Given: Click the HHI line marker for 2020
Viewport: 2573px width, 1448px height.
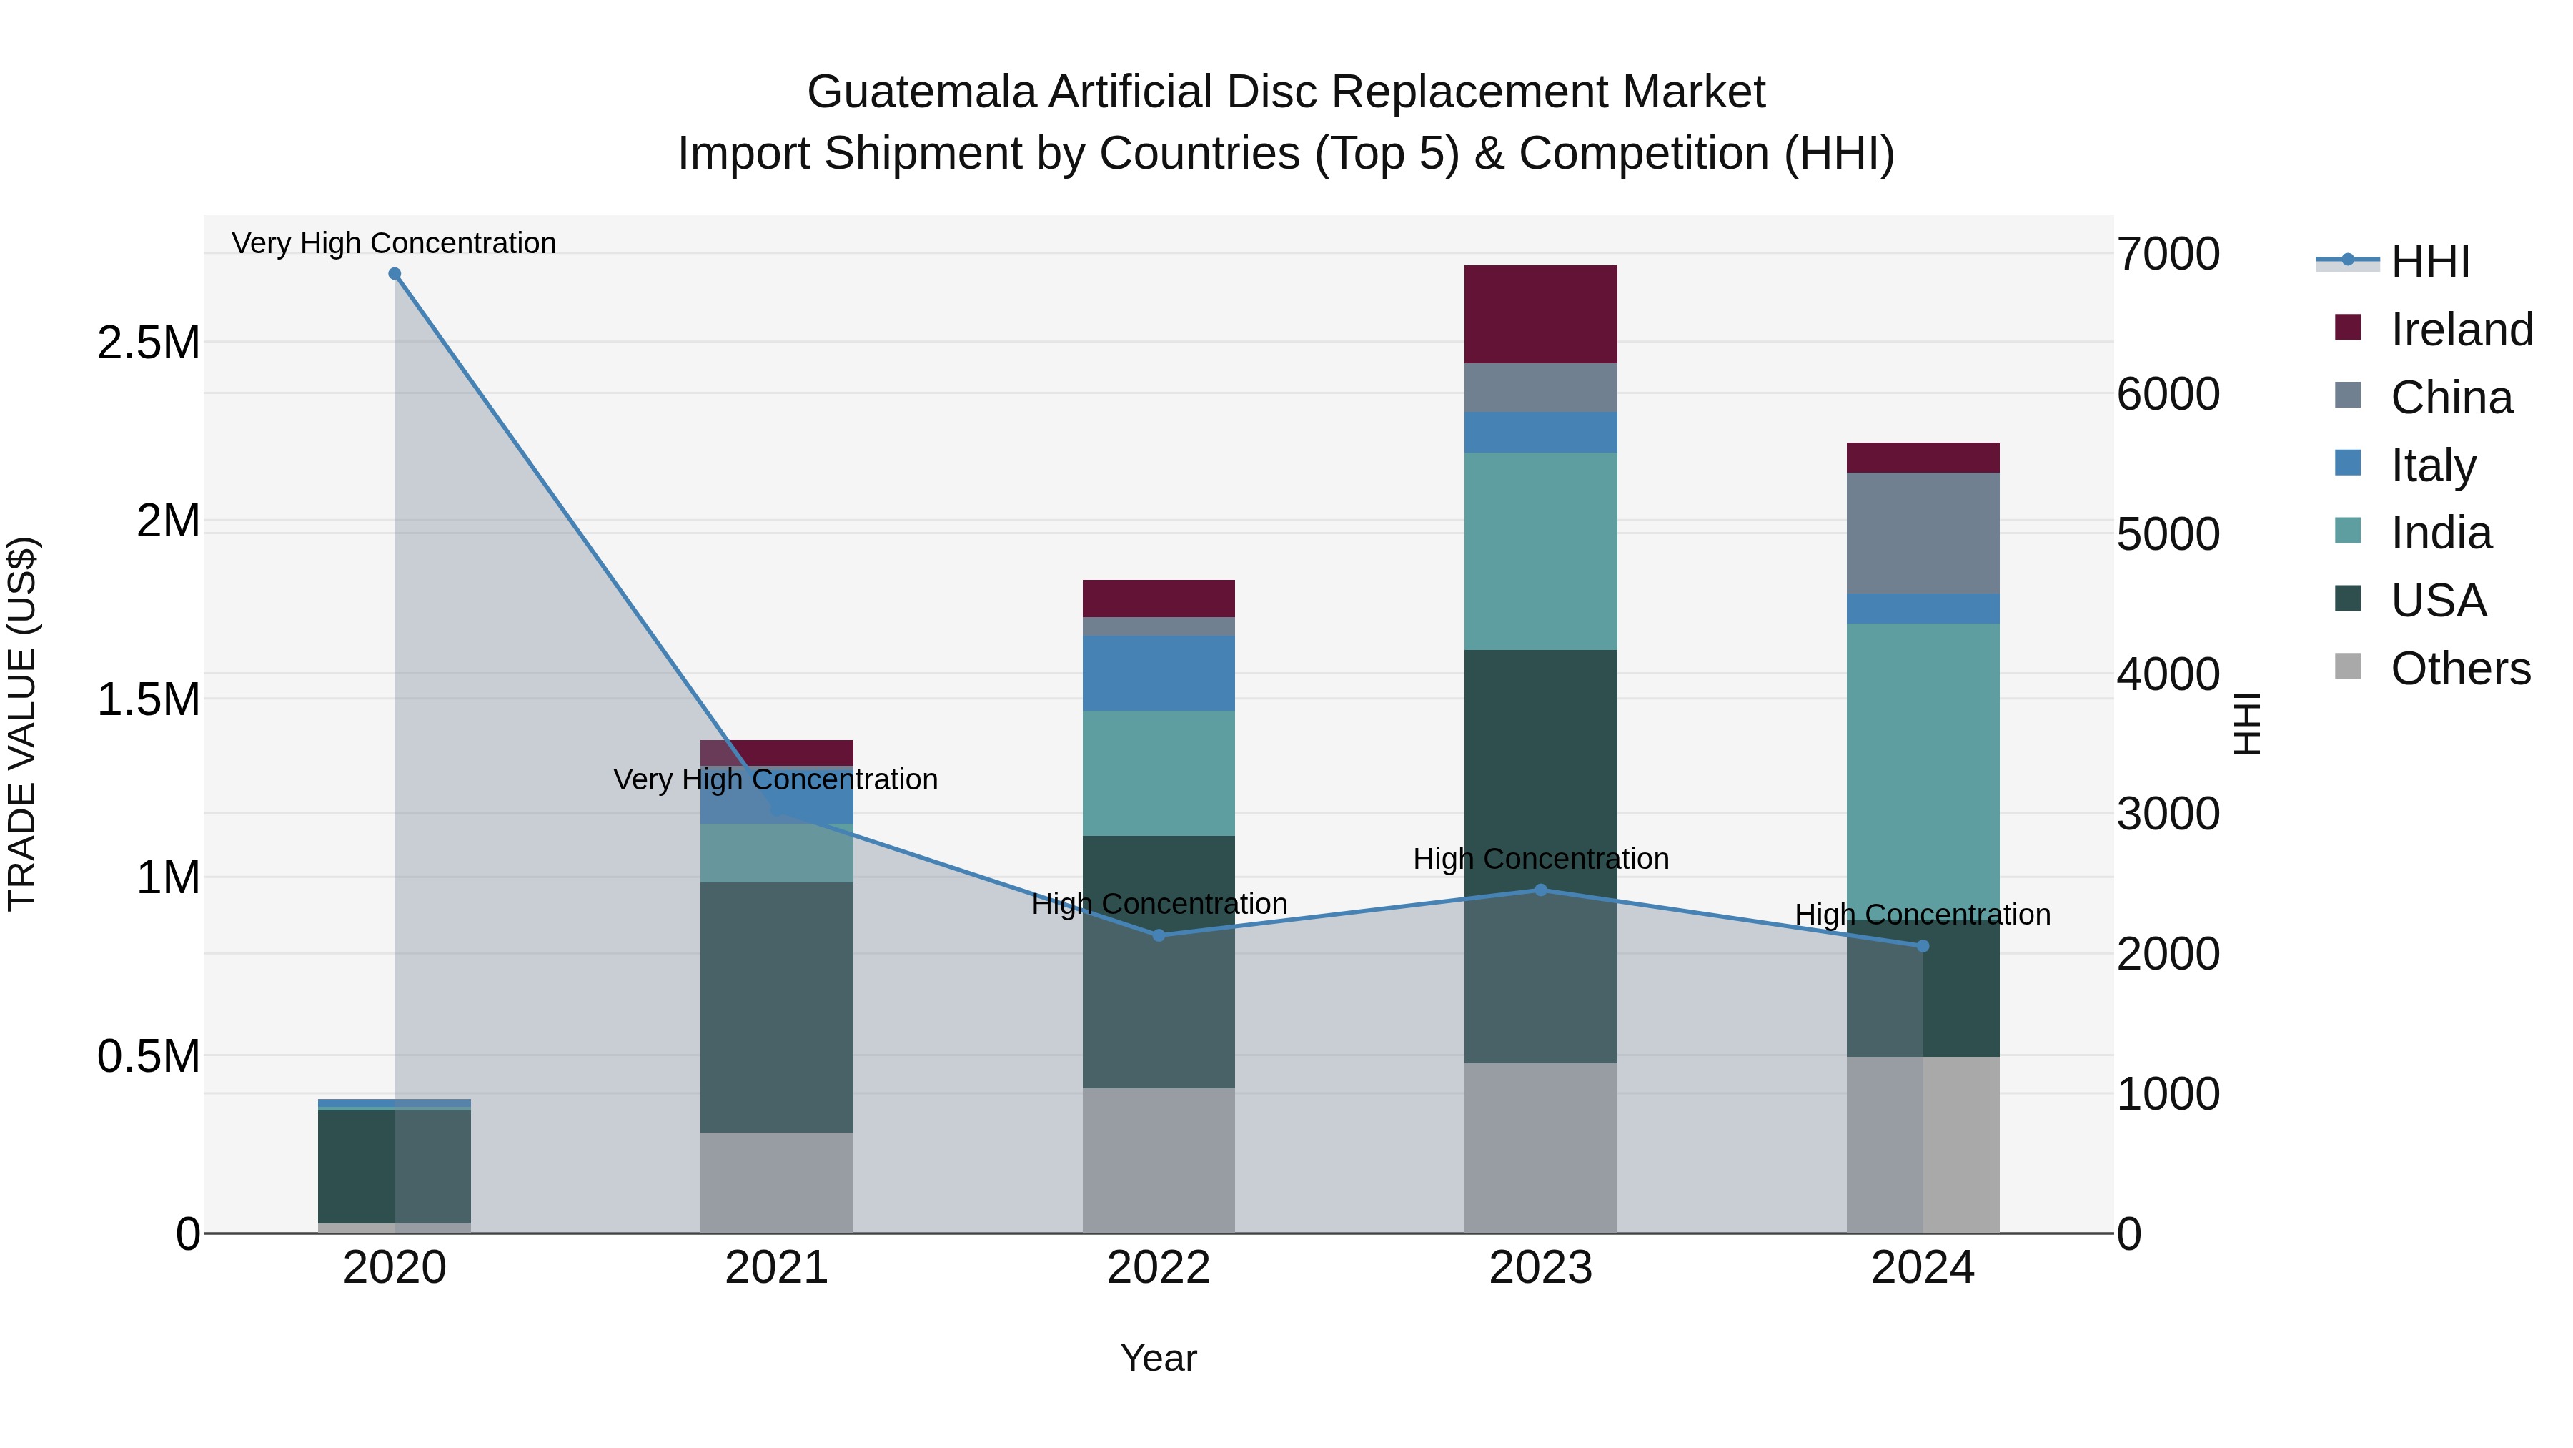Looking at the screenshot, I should point(395,274).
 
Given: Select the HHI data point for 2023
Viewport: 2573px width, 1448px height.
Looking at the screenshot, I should point(1540,890).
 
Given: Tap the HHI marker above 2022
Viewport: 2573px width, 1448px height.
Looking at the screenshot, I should point(1159,935).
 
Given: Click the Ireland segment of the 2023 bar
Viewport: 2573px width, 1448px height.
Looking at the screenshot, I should point(1540,314).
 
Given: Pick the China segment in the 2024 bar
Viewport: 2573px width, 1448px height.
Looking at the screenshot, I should point(1923,533).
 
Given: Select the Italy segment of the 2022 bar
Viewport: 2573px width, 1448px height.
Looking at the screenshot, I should point(1159,673).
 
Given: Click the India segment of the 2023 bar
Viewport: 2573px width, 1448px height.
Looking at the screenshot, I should point(1540,551).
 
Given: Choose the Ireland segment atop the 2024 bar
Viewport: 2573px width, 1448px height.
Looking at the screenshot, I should point(1923,458).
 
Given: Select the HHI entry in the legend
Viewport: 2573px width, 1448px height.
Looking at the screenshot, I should point(2429,262).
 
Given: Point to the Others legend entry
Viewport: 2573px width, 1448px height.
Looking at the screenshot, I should point(2459,669).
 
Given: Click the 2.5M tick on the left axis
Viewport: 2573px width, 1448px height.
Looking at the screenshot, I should point(148,343).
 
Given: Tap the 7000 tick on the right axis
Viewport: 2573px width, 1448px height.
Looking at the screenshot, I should point(2168,254).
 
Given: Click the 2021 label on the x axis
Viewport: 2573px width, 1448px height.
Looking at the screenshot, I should point(776,1268).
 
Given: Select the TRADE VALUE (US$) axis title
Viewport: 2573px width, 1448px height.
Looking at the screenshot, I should point(22,724).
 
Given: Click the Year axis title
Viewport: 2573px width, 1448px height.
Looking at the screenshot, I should point(1158,1358).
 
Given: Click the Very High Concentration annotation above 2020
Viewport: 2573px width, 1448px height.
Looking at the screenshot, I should point(394,243).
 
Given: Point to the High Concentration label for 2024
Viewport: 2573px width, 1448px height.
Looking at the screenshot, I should point(1922,915).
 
